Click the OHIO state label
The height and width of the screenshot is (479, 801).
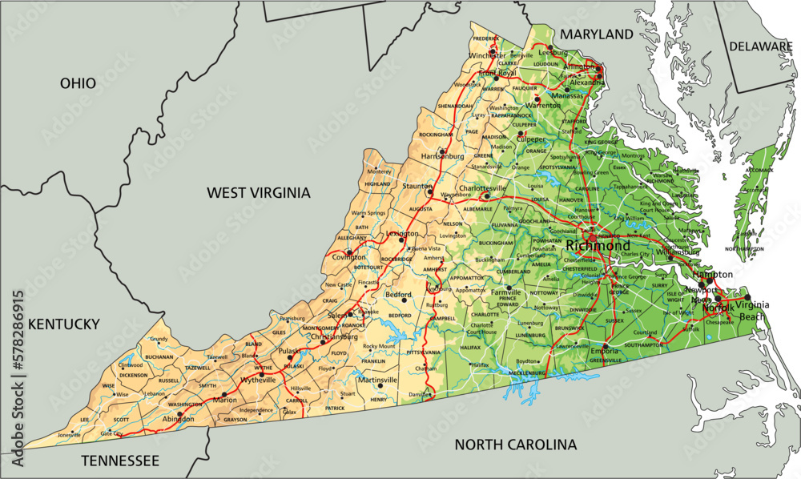coord(78,83)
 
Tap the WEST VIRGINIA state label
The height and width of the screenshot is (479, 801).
coord(258,192)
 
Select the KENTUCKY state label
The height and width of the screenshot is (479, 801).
coord(63,324)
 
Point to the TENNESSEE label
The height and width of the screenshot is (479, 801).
coord(119,461)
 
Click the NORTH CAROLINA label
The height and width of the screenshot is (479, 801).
coord(515,445)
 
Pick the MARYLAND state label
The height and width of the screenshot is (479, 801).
coord(596,34)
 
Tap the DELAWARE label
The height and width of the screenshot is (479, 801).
coord(760,47)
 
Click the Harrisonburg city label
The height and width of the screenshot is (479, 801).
coord(442,155)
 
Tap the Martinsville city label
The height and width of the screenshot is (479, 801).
coord(376,380)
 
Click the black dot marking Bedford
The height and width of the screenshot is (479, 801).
coord(405,302)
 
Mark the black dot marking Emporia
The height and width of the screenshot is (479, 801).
coord(606,347)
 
